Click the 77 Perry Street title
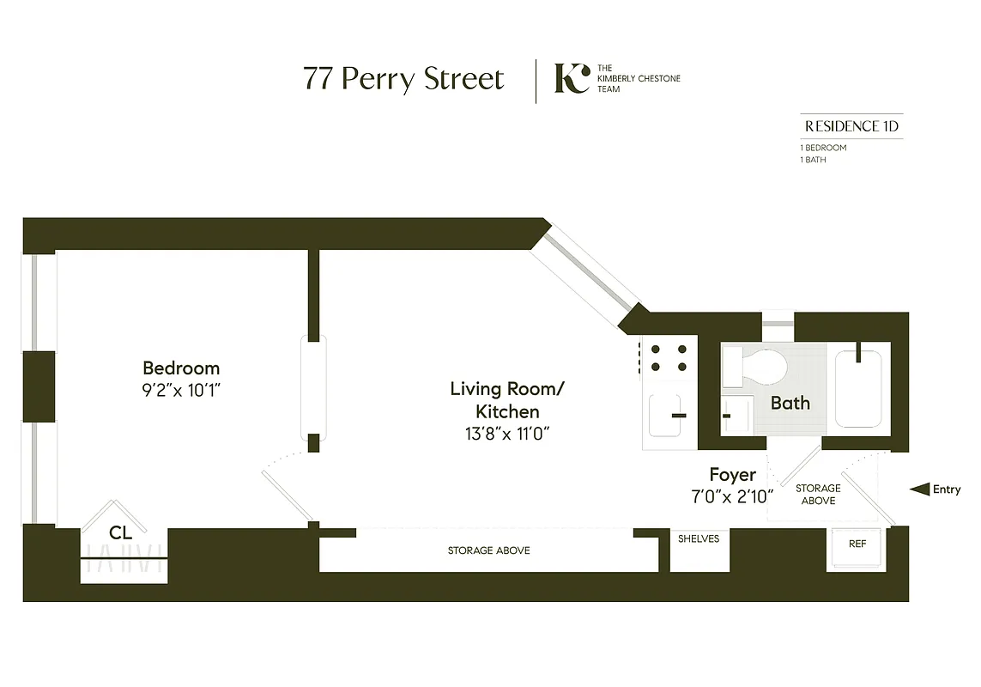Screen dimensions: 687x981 point(403,79)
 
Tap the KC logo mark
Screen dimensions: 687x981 point(571,78)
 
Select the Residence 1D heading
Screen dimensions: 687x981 point(851,126)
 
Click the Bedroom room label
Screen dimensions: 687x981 point(181,368)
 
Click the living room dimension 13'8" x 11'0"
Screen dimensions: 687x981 point(507,434)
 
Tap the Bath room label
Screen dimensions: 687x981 point(790,402)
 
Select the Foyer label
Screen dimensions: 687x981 point(732,474)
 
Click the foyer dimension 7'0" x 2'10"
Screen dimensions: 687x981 point(732,495)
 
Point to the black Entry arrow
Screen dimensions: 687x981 point(919,489)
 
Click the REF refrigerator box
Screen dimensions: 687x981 point(857,544)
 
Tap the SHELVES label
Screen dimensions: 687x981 point(698,538)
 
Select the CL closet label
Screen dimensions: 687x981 point(121,532)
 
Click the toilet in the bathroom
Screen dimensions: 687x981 point(756,368)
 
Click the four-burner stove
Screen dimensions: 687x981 point(668,358)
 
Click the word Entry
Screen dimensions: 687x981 point(947,489)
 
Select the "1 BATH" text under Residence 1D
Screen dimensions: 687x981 point(812,160)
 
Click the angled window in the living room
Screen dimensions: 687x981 point(587,267)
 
